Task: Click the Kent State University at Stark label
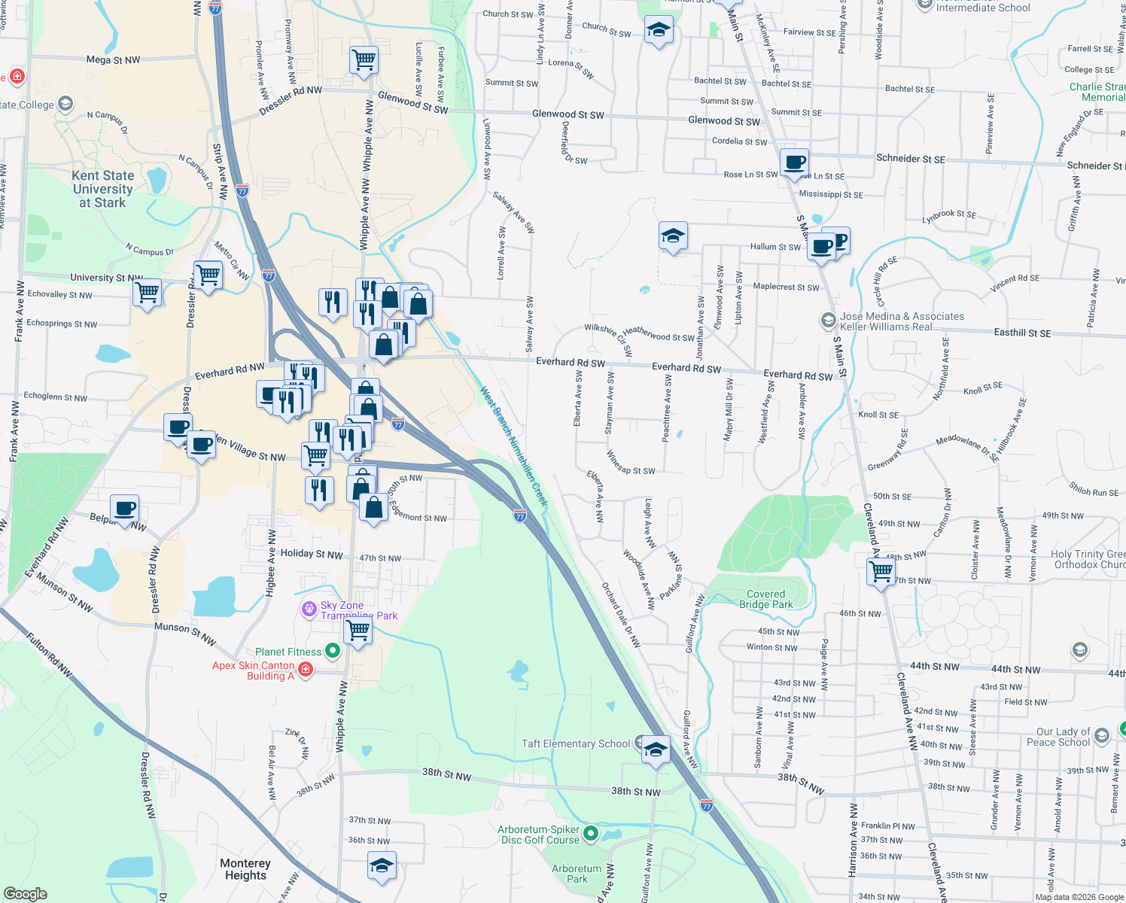pyautogui.click(x=103, y=189)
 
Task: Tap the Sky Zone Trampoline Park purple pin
pyautogui.click(x=309, y=609)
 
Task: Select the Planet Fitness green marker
pyautogui.click(x=332, y=652)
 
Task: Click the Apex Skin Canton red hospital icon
pyautogui.click(x=305, y=669)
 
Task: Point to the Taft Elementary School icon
pyautogui.click(x=656, y=749)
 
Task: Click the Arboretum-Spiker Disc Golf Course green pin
pyautogui.click(x=591, y=833)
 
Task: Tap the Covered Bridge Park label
pyautogui.click(x=765, y=599)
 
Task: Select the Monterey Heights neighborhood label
pyautogui.click(x=245, y=869)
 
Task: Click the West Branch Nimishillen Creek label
pyautogui.click(x=515, y=445)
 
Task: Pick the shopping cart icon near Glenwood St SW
pyautogui.click(x=364, y=59)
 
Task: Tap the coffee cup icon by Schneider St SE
pyautogui.click(x=794, y=162)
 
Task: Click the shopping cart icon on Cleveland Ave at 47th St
pyautogui.click(x=880, y=572)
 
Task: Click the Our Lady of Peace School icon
pyautogui.click(x=1102, y=736)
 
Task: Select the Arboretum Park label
pyautogui.click(x=577, y=874)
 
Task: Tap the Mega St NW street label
pyautogui.click(x=113, y=60)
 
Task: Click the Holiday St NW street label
pyautogui.click(x=311, y=554)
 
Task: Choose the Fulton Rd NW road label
pyautogui.click(x=49, y=655)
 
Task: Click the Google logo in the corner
pyautogui.click(x=25, y=893)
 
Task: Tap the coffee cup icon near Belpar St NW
pyautogui.click(x=125, y=509)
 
